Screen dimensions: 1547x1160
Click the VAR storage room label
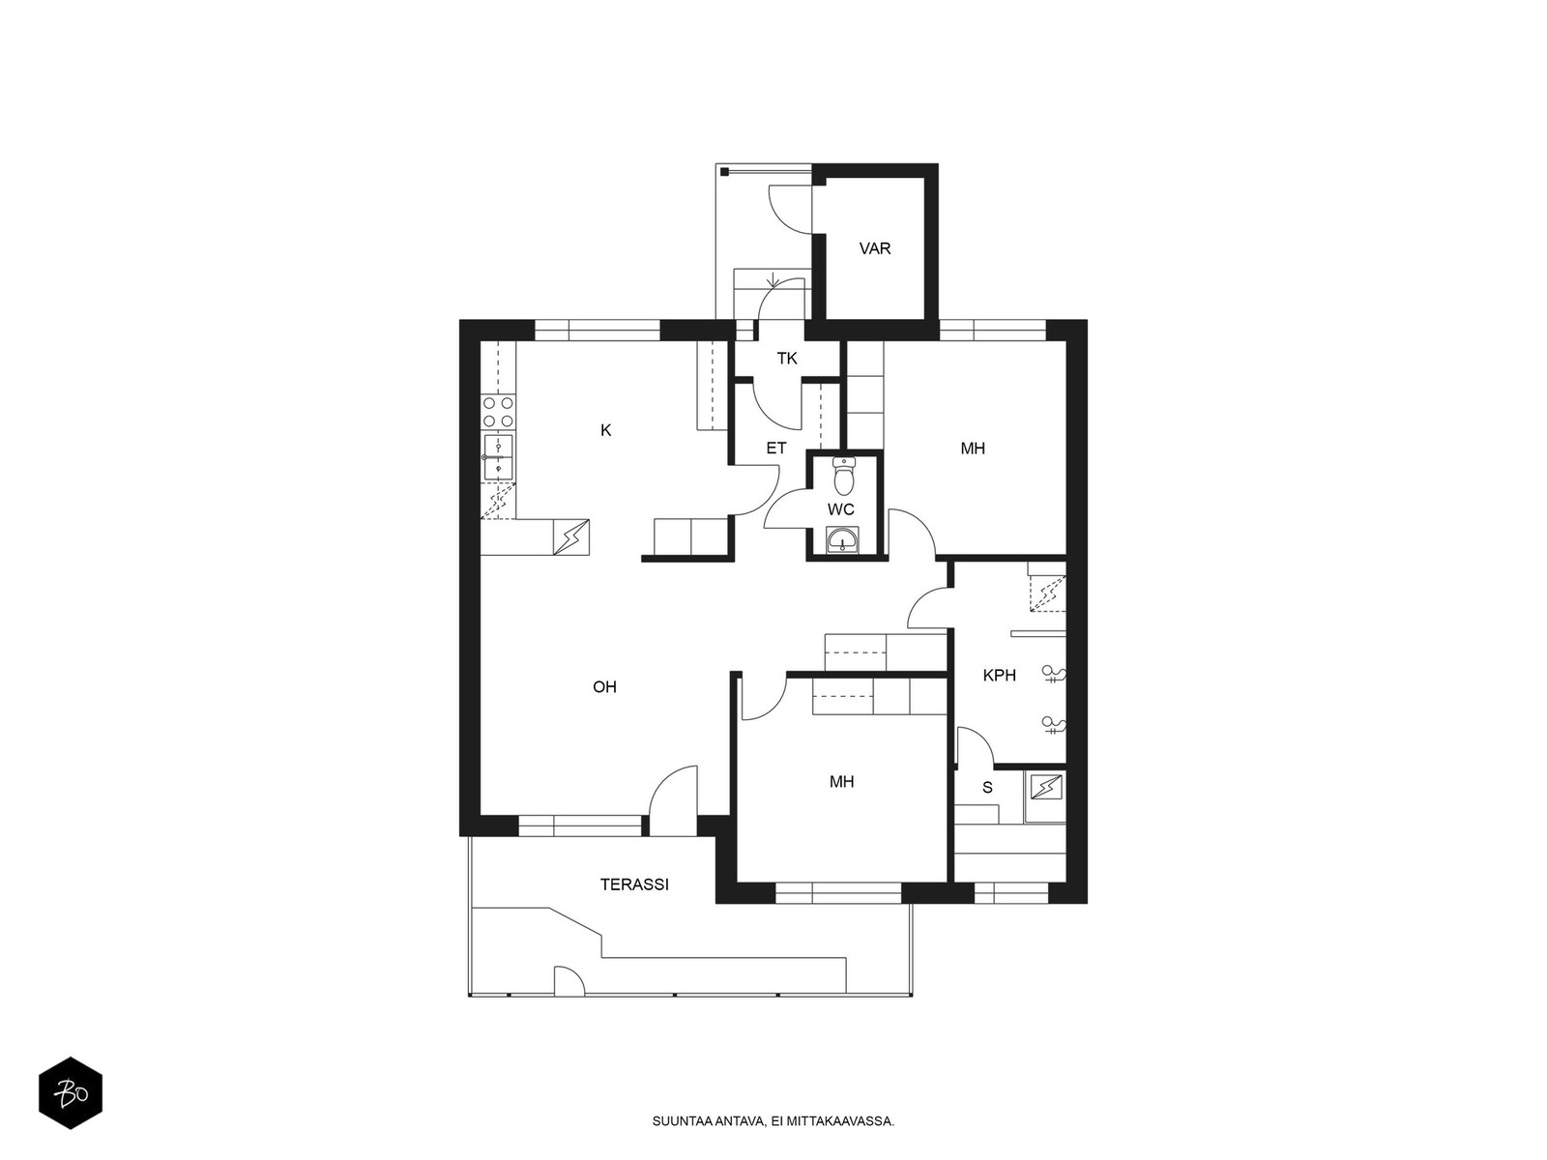click(875, 248)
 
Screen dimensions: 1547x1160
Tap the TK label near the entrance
click(786, 359)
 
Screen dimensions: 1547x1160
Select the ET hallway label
click(776, 448)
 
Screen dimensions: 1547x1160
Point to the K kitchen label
click(605, 430)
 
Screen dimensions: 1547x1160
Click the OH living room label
click(604, 686)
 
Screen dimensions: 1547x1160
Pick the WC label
click(841, 509)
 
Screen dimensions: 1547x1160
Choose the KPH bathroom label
click(1000, 676)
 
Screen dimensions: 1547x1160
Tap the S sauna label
click(987, 788)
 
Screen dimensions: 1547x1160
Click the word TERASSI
click(634, 884)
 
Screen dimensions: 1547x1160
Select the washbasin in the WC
click(842, 541)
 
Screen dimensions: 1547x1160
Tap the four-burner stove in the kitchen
click(498, 413)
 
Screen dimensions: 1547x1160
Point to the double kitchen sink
click(498, 457)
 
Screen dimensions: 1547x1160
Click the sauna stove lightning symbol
click(1046, 787)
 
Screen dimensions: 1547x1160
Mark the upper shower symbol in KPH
click(1054, 676)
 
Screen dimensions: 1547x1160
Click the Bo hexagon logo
click(71, 1093)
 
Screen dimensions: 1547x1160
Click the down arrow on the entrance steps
click(773, 279)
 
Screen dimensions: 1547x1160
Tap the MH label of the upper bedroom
click(973, 449)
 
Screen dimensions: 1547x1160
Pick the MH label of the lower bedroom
click(841, 782)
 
